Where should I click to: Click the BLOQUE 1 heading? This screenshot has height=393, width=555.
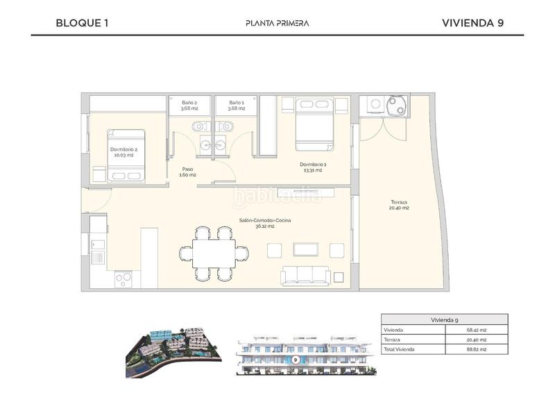82,23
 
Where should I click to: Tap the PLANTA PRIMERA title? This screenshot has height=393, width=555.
277,23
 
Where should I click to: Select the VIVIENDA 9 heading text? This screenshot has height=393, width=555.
472,23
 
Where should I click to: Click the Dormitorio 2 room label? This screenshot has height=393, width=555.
123,151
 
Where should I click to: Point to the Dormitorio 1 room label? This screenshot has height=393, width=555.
313,167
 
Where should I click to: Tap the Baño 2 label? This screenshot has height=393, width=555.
189,105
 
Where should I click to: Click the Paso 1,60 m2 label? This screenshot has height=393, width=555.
187,172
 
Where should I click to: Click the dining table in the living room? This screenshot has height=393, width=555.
214,254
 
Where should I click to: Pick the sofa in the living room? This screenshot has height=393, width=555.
306,276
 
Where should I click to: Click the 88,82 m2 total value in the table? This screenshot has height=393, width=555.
476,349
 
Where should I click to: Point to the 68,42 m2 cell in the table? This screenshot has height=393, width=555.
476,330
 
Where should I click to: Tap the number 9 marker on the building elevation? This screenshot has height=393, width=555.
296,360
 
